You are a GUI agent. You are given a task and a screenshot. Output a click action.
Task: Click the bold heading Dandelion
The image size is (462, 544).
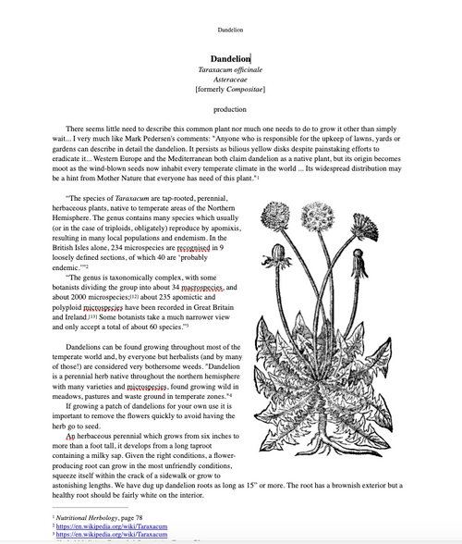pyautogui.click(x=230, y=58)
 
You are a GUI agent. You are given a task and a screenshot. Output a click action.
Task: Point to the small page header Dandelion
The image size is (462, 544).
pyautogui.click(x=230, y=30)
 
